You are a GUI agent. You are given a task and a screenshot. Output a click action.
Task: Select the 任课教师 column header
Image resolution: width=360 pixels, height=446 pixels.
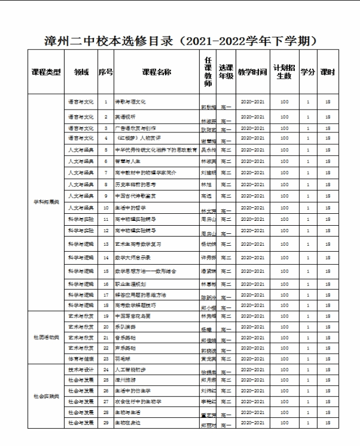click(207, 72)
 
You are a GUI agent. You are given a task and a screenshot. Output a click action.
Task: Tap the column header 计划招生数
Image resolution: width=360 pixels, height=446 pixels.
click(284, 72)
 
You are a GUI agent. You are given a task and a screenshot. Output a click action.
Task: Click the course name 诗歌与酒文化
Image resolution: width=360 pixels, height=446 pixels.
click(130, 101)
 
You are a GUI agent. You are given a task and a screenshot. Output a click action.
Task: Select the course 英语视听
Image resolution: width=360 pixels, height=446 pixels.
click(125, 117)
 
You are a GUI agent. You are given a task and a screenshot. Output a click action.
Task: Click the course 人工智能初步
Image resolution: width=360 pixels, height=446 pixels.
click(129, 369)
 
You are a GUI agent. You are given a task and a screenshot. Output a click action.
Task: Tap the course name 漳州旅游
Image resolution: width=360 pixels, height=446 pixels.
click(125, 380)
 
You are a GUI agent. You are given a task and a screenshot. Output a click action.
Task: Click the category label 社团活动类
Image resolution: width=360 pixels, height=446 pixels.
click(46, 337)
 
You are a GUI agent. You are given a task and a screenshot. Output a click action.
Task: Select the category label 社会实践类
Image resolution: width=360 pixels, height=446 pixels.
click(46, 396)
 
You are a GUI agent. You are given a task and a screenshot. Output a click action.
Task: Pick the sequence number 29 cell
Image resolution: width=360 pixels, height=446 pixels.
click(106, 422)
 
